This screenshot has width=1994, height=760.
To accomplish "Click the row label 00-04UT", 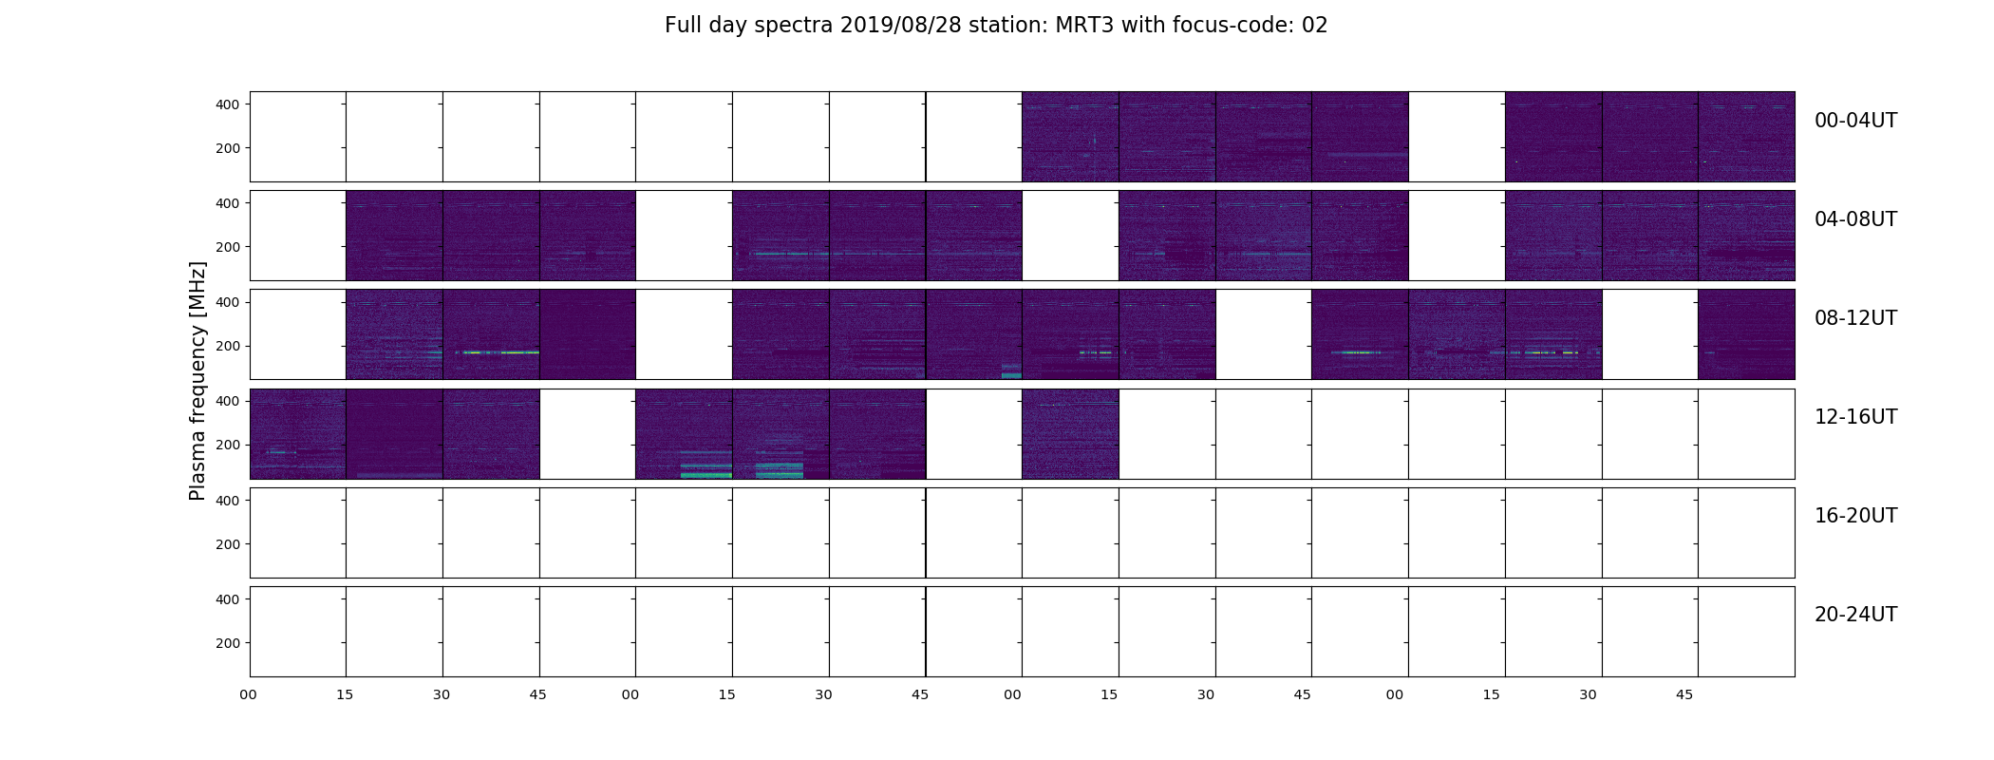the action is [1855, 121].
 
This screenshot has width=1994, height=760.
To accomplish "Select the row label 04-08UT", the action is [1855, 219].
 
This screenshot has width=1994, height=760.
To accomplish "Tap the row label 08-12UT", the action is [1855, 318].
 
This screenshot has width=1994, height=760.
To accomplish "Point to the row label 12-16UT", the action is [1855, 417].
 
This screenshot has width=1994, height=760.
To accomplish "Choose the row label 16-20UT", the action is [1855, 516].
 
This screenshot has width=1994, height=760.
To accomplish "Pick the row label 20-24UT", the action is [1855, 615].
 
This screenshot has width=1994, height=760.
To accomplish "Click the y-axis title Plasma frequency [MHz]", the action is [198, 381].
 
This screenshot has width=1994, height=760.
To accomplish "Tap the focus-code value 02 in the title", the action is [1315, 26].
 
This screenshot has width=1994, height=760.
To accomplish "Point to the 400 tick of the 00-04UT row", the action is [228, 104].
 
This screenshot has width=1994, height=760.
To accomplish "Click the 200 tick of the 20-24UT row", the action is [228, 643].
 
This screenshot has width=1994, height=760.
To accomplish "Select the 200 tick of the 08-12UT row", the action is [228, 347].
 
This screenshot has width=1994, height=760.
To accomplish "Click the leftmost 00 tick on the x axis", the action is [249, 695].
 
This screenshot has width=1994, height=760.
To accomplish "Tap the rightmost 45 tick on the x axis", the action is [1684, 695].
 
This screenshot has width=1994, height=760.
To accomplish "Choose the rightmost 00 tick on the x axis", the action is [1395, 695].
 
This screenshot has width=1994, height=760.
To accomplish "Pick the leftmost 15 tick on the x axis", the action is [345, 695].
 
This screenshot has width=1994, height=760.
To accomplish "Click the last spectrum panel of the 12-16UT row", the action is [1746, 434].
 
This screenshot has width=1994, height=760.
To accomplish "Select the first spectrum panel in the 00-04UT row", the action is [298, 137].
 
